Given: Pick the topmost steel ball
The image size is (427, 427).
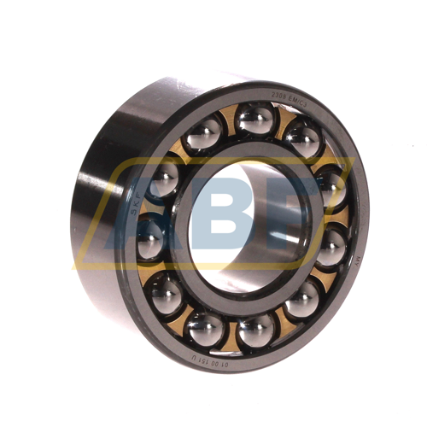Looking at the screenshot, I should point(254,120).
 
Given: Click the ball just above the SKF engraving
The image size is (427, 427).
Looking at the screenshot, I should point(164,178).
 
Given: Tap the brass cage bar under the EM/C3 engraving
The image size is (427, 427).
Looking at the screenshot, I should point(279,120).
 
